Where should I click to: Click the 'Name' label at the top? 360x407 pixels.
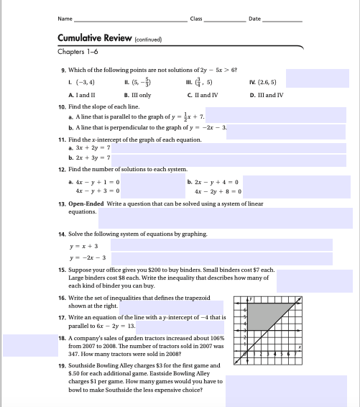tap(65, 18)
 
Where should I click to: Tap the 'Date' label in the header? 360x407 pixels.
tap(254, 18)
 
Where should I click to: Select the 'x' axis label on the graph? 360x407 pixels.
tap(300, 348)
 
